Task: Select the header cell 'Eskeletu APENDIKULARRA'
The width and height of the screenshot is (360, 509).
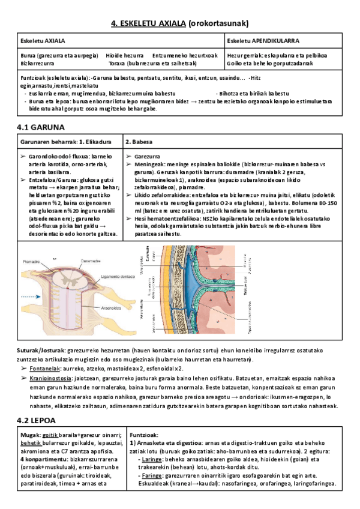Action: tap(264, 41)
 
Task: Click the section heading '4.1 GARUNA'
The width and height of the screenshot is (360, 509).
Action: tap(40, 127)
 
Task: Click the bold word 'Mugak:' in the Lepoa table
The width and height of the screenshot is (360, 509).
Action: tap(29, 435)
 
